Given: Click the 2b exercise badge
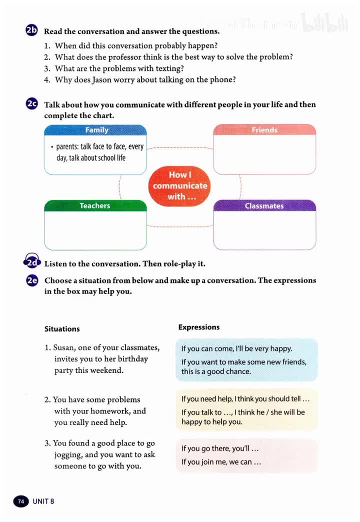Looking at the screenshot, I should [x=31, y=30].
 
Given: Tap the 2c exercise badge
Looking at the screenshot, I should [x=31, y=104].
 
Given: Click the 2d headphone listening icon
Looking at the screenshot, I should [x=31, y=262].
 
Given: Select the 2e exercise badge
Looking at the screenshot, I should [x=31, y=280].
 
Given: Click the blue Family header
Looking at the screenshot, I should [x=96, y=130].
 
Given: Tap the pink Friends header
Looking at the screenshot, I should [x=264, y=130].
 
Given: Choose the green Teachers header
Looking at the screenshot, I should [x=95, y=205].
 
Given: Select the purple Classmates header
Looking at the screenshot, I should [x=264, y=205].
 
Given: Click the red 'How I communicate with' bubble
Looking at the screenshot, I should [x=180, y=185].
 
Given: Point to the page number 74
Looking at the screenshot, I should [x=20, y=501].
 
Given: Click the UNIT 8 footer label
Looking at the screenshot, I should [x=43, y=501].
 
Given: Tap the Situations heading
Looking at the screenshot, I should [x=62, y=329].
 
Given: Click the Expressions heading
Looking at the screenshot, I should [x=199, y=327].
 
